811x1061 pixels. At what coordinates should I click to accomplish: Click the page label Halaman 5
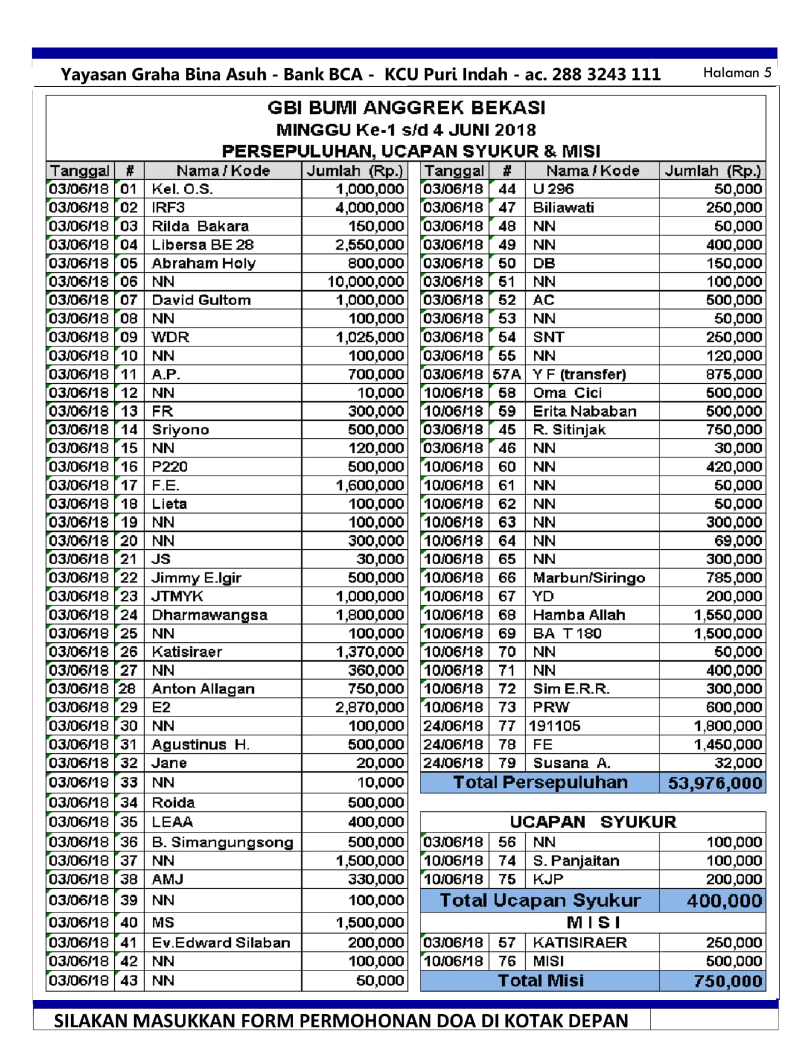coord(737,72)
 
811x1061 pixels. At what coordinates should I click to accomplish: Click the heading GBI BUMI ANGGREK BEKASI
coord(406,108)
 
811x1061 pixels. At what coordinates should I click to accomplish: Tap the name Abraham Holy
coord(203,263)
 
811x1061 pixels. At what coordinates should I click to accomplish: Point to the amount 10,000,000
coord(366,281)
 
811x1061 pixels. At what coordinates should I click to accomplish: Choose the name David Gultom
coord(201,300)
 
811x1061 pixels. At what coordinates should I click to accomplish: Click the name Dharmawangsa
coord(209,615)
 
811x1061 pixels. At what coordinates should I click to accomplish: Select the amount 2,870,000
coord(369,707)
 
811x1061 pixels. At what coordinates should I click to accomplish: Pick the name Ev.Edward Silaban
coord(221,942)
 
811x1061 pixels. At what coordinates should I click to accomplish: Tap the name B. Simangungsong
coord(222,842)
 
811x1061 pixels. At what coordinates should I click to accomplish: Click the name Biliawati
coord(563,207)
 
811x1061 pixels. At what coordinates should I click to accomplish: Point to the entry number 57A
coord(506,374)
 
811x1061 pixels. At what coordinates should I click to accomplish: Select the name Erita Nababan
coord(585,411)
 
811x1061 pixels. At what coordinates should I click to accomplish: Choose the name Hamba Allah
coord(579,615)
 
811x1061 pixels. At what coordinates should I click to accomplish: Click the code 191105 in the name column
coord(555,726)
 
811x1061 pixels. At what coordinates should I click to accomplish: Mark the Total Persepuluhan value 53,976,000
coord(715,783)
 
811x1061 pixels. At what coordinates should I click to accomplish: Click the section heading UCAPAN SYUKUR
coord(593,821)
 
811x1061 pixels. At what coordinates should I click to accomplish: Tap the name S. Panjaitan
coord(576,861)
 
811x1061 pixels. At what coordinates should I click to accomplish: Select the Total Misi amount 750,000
coord(728,981)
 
